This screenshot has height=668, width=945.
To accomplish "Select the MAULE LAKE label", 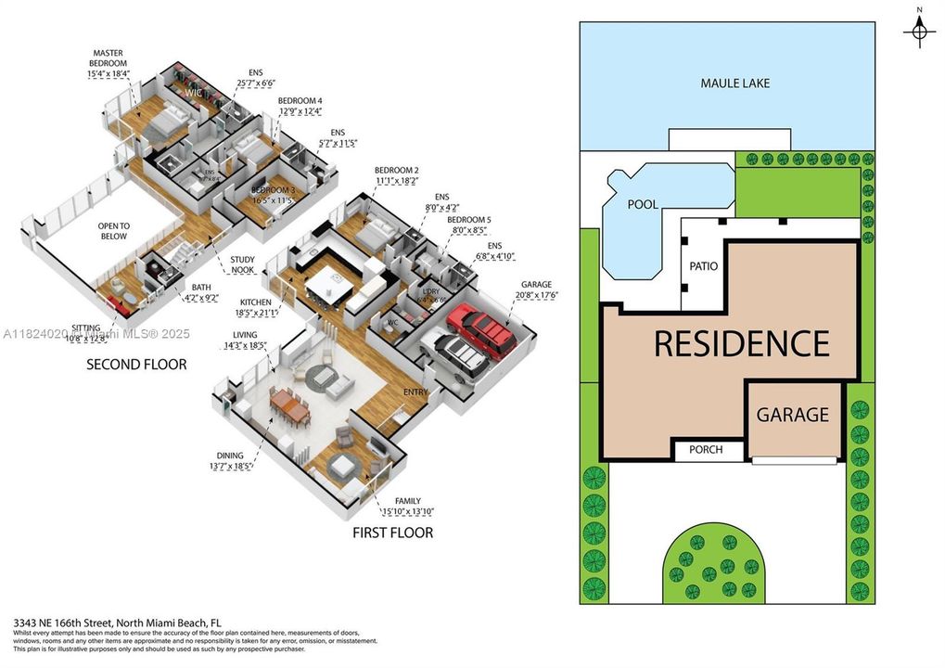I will click(x=734, y=83).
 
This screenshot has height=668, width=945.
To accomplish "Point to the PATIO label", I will click(x=704, y=266).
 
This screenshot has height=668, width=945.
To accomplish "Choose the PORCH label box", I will click(x=710, y=452).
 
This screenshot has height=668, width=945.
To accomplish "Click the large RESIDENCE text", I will click(x=741, y=343).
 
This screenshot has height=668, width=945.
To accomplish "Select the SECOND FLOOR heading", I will click(x=136, y=365).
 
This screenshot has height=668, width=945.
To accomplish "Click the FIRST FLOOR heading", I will click(x=392, y=533).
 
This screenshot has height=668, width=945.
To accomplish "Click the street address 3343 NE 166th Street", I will click(x=117, y=623).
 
